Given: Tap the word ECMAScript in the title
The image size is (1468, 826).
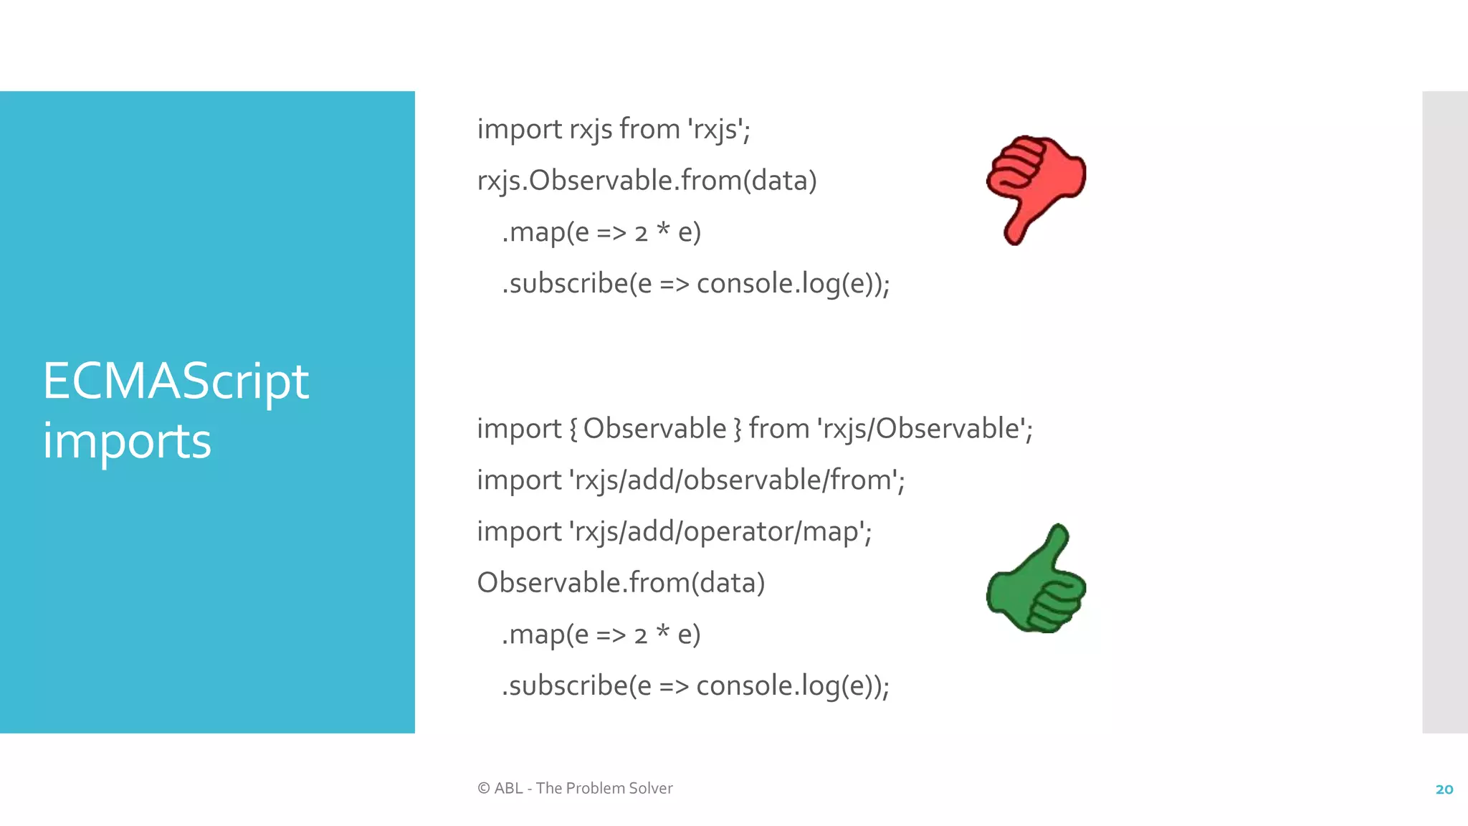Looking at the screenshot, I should (x=176, y=381).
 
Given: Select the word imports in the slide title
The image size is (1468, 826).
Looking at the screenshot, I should (x=127, y=441).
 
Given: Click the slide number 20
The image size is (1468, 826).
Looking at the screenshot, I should (x=1444, y=789).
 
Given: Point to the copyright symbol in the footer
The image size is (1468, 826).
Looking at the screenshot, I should (x=484, y=788).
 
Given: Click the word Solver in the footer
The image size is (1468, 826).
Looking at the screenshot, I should (x=650, y=788).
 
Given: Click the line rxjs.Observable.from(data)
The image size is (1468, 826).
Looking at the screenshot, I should (x=647, y=181).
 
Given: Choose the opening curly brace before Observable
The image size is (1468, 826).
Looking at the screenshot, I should (x=573, y=429).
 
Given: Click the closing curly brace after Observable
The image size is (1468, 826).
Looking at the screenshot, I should (x=738, y=429).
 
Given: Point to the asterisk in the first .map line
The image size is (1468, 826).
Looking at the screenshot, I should (x=663, y=230).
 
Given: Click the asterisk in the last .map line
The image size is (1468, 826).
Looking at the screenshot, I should (x=662, y=632).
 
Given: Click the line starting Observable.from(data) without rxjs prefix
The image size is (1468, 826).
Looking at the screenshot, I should (x=621, y=583).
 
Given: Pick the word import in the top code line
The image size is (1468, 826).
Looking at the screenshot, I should (x=519, y=130).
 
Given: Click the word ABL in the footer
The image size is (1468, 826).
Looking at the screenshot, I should (x=508, y=788).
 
